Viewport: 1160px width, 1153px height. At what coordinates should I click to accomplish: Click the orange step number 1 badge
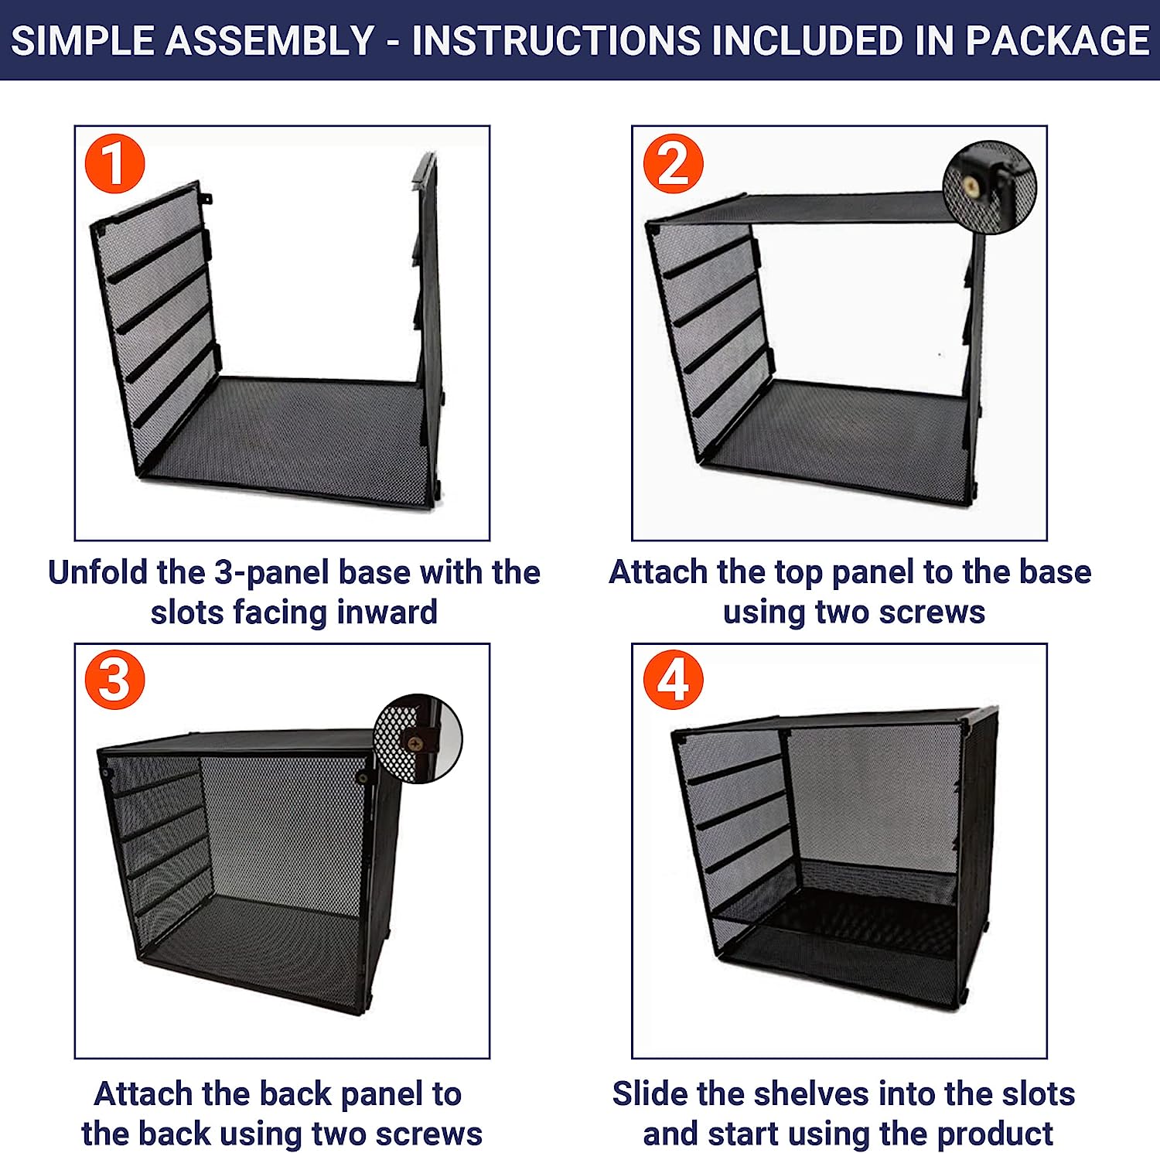(x=114, y=164)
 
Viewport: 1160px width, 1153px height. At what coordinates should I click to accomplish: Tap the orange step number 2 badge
(x=673, y=164)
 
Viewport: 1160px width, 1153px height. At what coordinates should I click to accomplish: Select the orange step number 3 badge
(x=114, y=680)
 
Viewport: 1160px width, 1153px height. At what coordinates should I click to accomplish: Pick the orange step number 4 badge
(x=673, y=680)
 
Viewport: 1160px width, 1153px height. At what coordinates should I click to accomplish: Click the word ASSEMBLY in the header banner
(x=270, y=40)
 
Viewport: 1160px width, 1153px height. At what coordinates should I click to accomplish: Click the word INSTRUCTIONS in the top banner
(x=556, y=40)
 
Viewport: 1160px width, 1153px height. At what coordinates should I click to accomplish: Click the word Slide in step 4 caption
(x=650, y=1094)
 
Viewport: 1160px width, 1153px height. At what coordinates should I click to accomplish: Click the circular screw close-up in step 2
(x=990, y=186)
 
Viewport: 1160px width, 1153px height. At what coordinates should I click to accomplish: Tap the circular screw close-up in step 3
(x=418, y=739)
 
